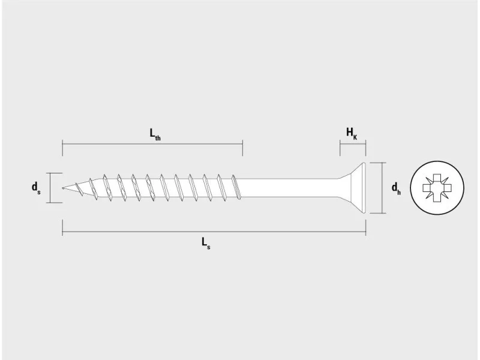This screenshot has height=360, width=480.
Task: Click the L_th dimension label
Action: point(155,134)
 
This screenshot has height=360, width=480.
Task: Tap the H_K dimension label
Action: point(352,134)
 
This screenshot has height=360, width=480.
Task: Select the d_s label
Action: point(36,187)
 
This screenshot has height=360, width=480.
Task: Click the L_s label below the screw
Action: point(206,243)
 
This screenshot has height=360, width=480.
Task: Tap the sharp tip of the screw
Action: point(63,188)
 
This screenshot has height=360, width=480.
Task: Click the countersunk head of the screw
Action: point(352,188)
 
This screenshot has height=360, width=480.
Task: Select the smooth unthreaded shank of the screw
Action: point(289,188)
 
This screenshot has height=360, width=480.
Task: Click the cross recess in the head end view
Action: point(437,187)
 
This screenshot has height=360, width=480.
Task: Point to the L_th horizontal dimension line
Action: point(152,144)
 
